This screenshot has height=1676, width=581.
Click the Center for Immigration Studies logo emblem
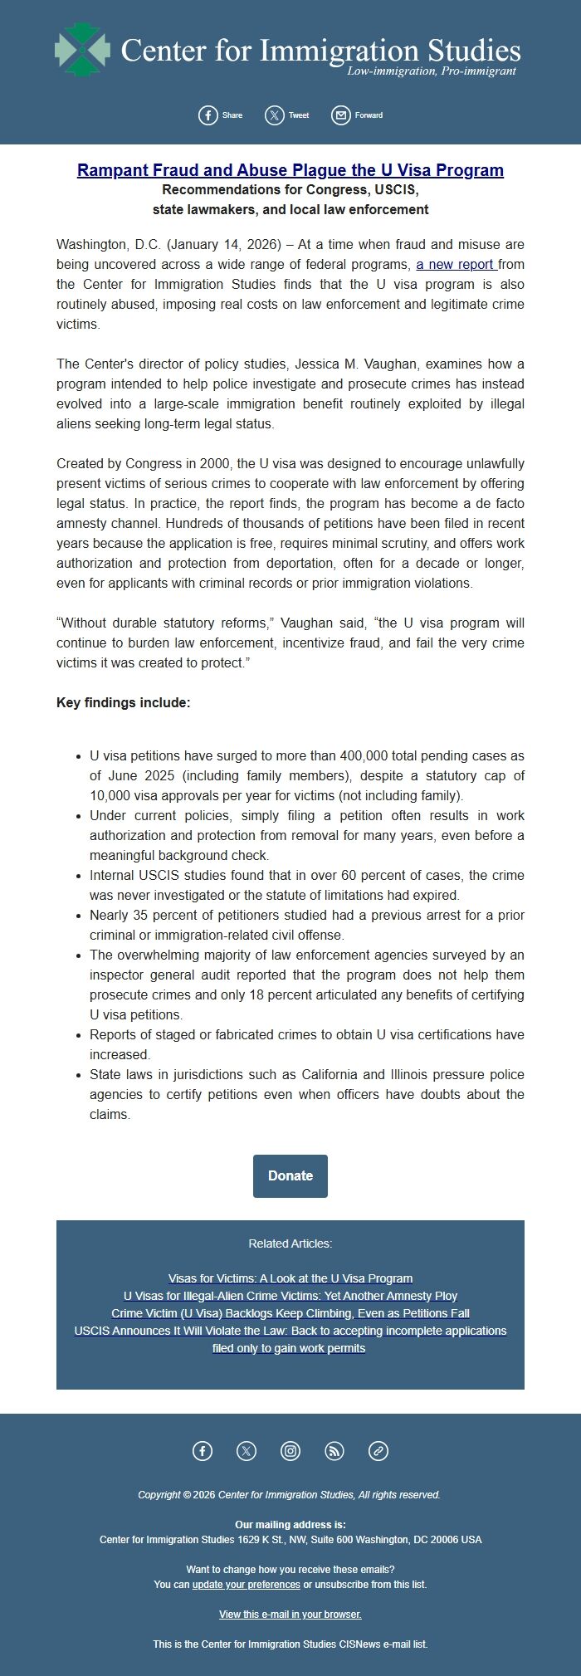(82, 50)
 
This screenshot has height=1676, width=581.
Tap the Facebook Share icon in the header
(208, 115)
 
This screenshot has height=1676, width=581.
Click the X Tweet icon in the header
(275, 115)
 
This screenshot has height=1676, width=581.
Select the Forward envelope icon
(341, 115)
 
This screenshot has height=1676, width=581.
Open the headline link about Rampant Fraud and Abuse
(290, 170)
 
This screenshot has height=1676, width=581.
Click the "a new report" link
(456, 265)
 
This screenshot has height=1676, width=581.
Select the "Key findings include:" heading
(124, 703)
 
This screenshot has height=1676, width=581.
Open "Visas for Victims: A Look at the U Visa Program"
(290, 1279)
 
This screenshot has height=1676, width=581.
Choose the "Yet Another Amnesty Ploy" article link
(290, 1297)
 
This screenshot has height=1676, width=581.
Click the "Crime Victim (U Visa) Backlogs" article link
(290, 1314)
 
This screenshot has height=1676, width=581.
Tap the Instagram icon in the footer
(290, 1451)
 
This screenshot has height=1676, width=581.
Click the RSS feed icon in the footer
(334, 1451)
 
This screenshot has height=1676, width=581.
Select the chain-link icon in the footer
(378, 1451)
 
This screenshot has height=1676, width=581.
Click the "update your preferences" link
(247, 1585)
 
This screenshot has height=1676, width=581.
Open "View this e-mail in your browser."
(290, 1615)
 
